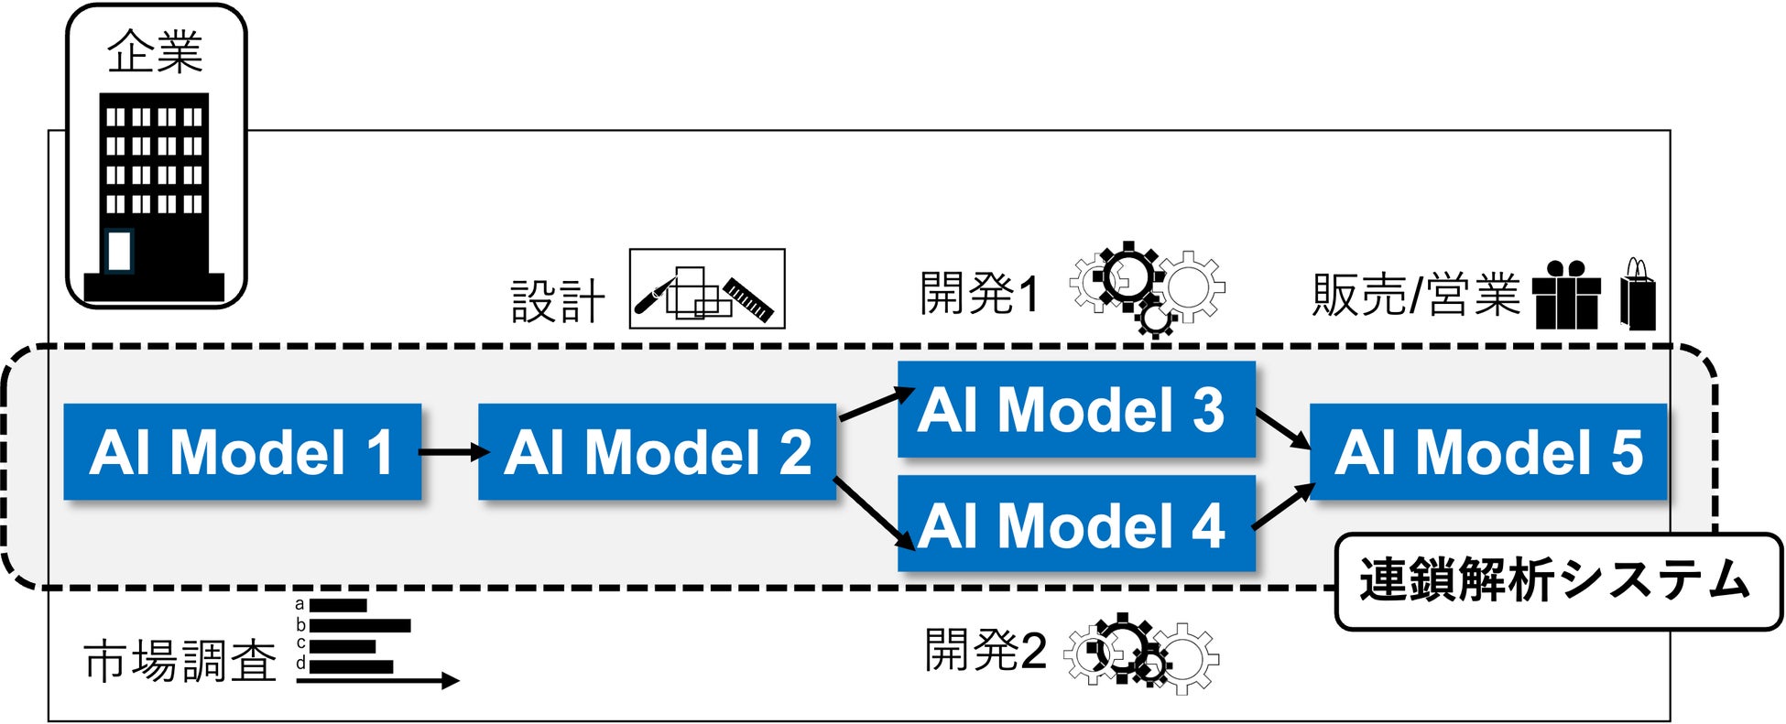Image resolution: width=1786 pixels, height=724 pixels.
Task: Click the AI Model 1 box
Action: [243, 451]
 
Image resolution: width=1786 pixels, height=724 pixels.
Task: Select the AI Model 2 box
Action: [657, 451]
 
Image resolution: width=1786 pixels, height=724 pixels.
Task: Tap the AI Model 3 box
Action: [1075, 409]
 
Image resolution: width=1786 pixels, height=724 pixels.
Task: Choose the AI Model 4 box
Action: [1075, 524]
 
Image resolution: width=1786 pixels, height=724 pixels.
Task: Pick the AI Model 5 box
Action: [1488, 451]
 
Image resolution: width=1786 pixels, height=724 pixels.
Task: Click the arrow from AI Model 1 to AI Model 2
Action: [452, 451]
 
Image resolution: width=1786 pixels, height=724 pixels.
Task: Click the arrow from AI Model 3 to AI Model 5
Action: [1282, 428]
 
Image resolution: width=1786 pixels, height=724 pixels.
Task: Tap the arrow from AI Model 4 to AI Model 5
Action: [1282, 507]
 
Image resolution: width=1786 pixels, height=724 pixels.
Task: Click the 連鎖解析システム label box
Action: [1557, 582]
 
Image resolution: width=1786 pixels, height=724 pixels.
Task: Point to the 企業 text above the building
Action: [155, 52]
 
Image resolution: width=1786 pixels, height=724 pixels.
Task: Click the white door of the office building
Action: [119, 251]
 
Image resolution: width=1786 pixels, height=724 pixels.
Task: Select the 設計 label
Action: [558, 301]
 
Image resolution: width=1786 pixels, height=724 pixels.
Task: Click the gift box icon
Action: [1566, 297]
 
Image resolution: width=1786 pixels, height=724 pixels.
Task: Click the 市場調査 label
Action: [180, 661]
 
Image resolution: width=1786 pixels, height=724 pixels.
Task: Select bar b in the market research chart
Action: [360, 626]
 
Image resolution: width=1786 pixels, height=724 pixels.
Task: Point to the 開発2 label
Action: [985, 650]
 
